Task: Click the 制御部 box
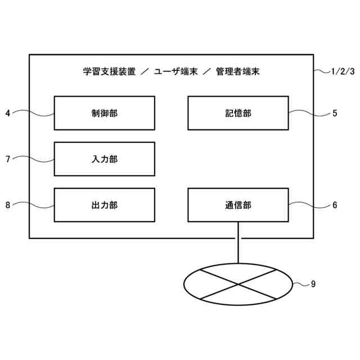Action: tap(104, 113)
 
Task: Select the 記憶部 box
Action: tap(237, 113)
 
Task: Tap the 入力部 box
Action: tap(104, 159)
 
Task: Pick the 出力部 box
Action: tap(104, 205)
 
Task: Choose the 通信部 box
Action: tap(237, 205)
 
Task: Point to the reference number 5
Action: tap(335, 113)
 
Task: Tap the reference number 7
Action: tap(8, 159)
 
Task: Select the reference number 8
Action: tap(8, 205)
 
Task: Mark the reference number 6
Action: tap(335, 205)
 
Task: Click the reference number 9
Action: tap(313, 284)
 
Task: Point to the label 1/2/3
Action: tap(343, 71)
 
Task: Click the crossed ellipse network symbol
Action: tap(238, 284)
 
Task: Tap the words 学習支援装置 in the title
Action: tap(109, 72)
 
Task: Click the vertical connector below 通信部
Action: tap(238, 242)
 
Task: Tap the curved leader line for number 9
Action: tap(301, 284)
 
